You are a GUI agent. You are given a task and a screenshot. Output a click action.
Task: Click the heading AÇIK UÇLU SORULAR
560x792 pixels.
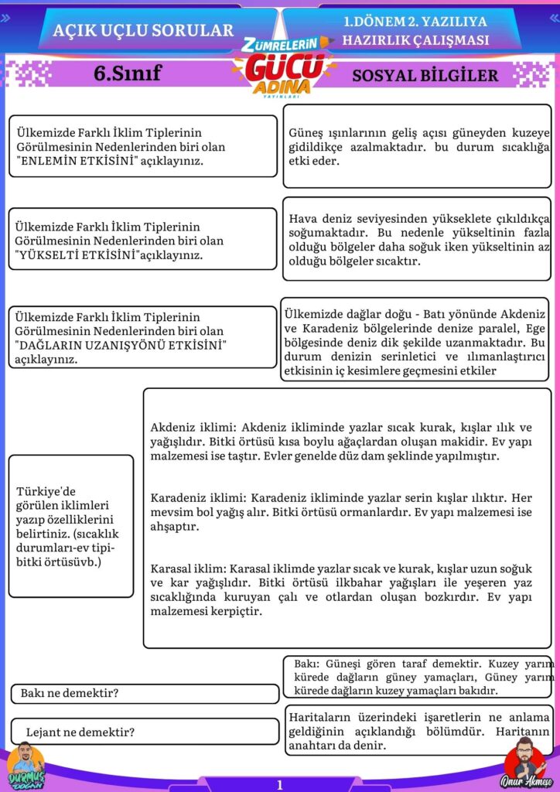tap(143, 30)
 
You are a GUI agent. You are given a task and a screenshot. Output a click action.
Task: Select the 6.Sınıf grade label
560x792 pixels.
tap(127, 74)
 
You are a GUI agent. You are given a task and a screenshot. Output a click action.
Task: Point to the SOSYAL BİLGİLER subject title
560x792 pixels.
tap(425, 76)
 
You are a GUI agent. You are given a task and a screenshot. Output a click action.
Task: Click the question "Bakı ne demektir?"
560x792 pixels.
tap(70, 693)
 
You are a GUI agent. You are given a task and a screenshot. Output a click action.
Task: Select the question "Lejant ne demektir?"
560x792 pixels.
tap(80, 732)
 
